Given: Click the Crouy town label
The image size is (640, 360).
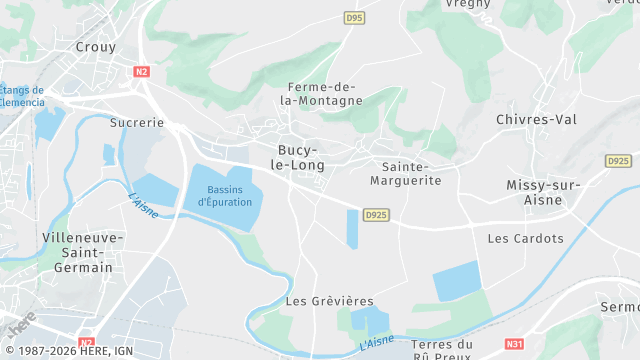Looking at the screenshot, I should click(x=96, y=47).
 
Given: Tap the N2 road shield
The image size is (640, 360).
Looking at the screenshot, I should click(x=141, y=71).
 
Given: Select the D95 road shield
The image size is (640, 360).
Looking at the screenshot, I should click(x=353, y=17).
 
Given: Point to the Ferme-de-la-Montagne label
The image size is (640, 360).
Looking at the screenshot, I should click(x=321, y=94).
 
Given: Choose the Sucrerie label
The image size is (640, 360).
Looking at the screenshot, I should click(x=136, y=122).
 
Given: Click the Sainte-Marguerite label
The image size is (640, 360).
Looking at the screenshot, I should click(x=412, y=173).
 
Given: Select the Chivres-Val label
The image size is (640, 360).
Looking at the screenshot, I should click(x=537, y=119).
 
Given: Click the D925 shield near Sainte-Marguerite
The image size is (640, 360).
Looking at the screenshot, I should click(x=376, y=214).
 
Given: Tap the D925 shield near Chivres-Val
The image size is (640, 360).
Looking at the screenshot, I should click(x=618, y=160).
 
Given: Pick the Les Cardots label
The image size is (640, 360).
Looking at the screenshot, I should click(x=525, y=239).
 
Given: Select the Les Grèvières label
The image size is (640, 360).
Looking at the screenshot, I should click(x=329, y=301).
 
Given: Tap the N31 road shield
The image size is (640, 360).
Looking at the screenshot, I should click(x=514, y=344).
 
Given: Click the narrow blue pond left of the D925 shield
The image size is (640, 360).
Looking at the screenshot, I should click(x=352, y=229).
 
